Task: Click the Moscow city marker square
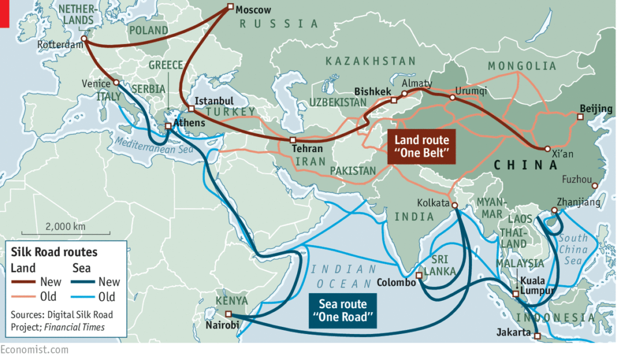(230, 7)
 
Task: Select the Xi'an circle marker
(547, 148)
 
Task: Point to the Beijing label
(595, 109)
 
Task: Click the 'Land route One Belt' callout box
(421, 147)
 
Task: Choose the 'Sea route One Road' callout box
(342, 311)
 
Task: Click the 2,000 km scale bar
(64, 233)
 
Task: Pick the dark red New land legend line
(24, 282)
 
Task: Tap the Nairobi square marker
(228, 314)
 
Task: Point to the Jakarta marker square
(537, 336)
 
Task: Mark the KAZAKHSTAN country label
(371, 61)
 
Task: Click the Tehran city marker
(292, 140)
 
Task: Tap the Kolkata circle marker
(454, 206)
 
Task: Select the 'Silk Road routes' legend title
(54, 252)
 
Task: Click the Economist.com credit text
(34, 350)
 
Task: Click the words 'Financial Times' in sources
(75, 327)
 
